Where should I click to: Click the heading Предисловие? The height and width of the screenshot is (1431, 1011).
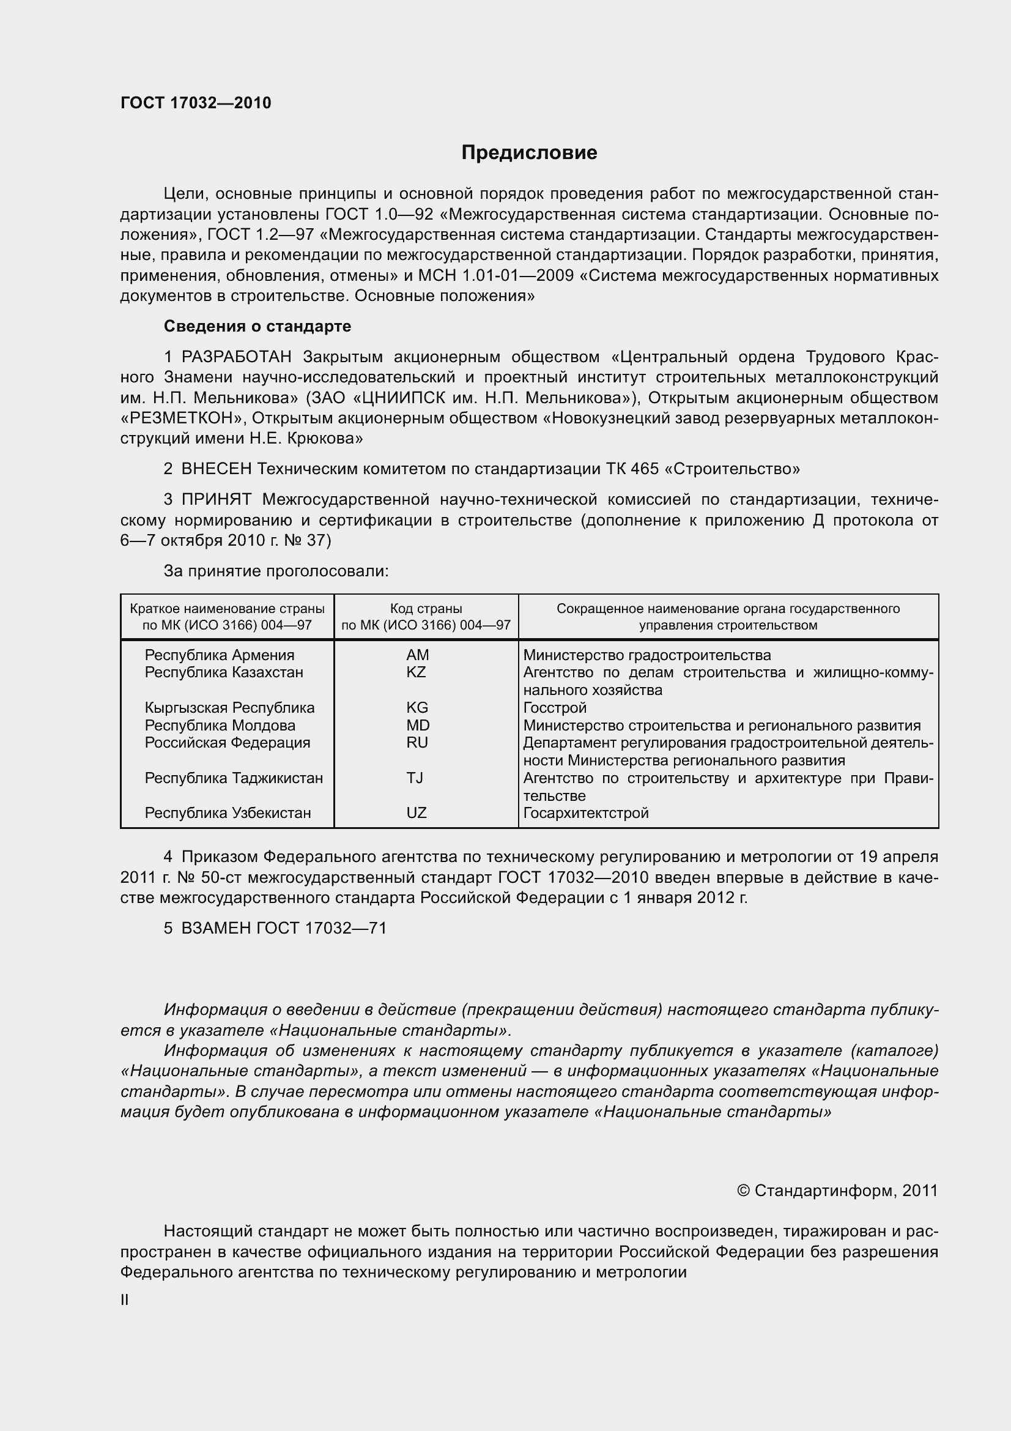coord(529,153)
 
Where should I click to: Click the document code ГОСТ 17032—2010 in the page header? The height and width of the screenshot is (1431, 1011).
coord(196,103)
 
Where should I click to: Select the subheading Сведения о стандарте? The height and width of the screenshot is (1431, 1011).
coord(257,326)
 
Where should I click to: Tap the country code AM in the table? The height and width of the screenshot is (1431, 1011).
coord(417,655)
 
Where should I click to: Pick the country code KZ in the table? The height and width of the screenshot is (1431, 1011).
coord(416,672)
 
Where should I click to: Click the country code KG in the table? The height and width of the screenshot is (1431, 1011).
coord(417,707)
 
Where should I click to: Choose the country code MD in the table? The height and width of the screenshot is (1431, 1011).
coord(417,725)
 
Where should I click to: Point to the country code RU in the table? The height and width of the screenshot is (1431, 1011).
coord(417,742)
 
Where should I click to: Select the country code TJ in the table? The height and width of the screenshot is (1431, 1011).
coord(415,778)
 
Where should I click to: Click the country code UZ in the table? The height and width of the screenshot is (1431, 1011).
coord(416,812)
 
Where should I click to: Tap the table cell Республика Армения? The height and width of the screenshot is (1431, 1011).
coord(220,655)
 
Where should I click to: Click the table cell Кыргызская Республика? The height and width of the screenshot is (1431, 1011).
coord(229,707)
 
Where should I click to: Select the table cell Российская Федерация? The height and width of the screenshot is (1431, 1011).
coord(228,742)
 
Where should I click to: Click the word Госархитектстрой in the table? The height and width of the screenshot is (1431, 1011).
coord(585,812)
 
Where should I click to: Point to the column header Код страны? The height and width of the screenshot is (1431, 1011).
coord(426,608)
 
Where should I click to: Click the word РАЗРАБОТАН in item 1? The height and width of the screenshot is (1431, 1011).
coord(236,357)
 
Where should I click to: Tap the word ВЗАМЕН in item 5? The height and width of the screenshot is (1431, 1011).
coord(218,928)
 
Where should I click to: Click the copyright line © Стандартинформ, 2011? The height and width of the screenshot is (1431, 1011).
coord(837,1191)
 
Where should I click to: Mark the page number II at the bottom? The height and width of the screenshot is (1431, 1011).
coord(125,1300)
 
